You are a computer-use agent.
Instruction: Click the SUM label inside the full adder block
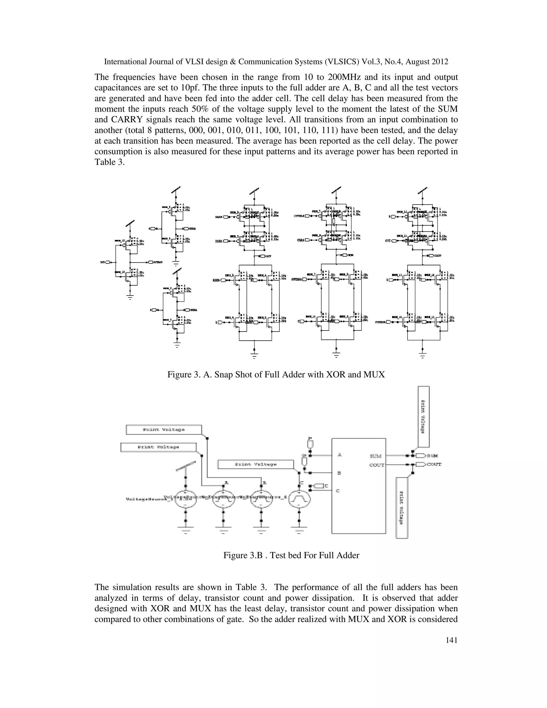pos(375,456)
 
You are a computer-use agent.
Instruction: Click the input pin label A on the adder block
pos(339,455)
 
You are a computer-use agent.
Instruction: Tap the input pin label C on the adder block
pos(338,491)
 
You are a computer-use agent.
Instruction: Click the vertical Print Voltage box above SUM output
pos(424,416)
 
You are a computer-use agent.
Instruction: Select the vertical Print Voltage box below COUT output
pos(402,508)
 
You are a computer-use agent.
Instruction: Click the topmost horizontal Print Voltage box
pos(164,430)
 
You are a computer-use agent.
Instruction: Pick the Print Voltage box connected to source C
pos(256,465)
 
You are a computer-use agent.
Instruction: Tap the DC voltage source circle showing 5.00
pos(185,501)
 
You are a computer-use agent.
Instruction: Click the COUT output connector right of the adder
pos(421,465)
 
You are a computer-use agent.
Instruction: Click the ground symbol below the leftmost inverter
pos(130,297)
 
